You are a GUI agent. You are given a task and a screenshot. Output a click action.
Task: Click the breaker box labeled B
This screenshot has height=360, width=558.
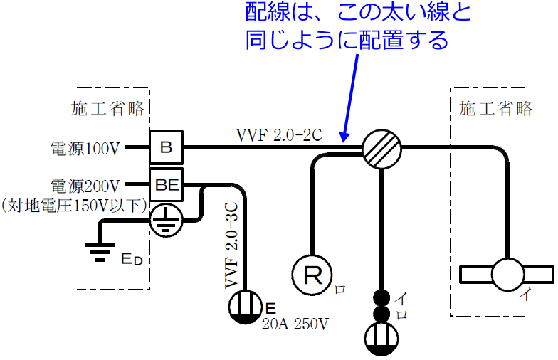(x=166, y=148)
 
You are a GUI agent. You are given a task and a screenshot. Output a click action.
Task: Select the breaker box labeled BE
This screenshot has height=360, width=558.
(x=166, y=186)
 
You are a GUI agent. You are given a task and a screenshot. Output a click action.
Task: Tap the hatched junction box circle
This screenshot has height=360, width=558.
(x=381, y=149)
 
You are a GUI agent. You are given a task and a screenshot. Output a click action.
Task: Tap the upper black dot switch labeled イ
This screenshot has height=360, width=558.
(x=382, y=297)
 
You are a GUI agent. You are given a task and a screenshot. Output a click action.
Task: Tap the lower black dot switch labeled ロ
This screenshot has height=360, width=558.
(x=382, y=314)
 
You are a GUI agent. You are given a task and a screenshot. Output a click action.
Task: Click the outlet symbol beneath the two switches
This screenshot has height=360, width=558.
(x=382, y=339)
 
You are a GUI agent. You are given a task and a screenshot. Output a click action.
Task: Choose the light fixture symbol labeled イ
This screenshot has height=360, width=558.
(x=506, y=274)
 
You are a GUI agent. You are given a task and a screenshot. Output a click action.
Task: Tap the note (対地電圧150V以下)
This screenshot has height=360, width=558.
(x=74, y=206)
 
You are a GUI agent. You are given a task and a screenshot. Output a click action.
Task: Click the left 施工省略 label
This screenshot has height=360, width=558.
(x=108, y=109)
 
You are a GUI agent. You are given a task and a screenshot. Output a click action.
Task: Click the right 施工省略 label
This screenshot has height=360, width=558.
(x=496, y=109)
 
